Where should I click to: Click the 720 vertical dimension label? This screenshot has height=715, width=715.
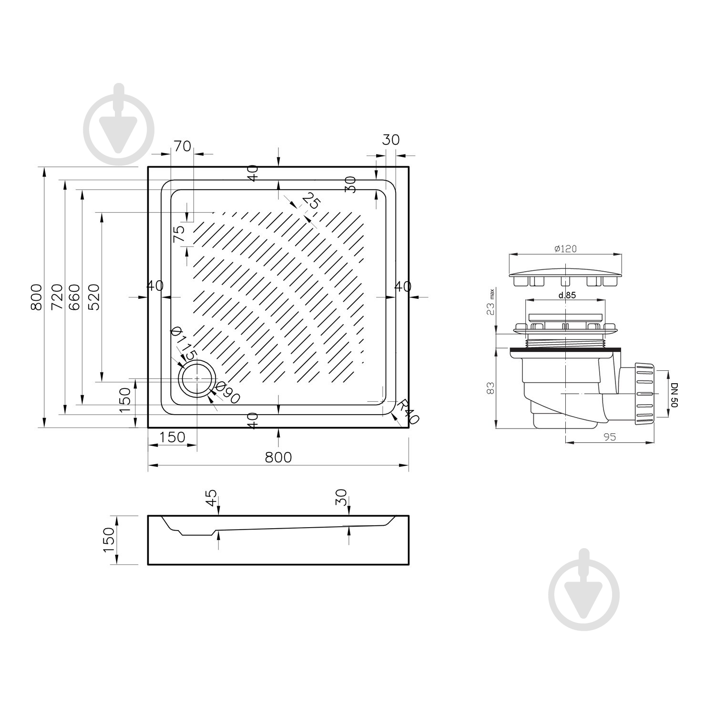57,296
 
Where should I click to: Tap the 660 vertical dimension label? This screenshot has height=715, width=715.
74,296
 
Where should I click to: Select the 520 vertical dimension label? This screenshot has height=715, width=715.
94,296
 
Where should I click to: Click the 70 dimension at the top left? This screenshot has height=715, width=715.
182,146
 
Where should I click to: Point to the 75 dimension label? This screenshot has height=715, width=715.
179,234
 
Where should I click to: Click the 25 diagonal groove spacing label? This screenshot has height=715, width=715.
311,201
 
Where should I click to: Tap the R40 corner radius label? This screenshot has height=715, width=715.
409,411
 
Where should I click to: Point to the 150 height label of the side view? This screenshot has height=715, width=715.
109,540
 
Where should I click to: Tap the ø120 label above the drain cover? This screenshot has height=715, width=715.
566,248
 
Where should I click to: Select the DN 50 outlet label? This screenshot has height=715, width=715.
674,394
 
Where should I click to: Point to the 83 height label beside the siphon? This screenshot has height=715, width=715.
491,388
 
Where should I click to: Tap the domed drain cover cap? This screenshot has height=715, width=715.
566,274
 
